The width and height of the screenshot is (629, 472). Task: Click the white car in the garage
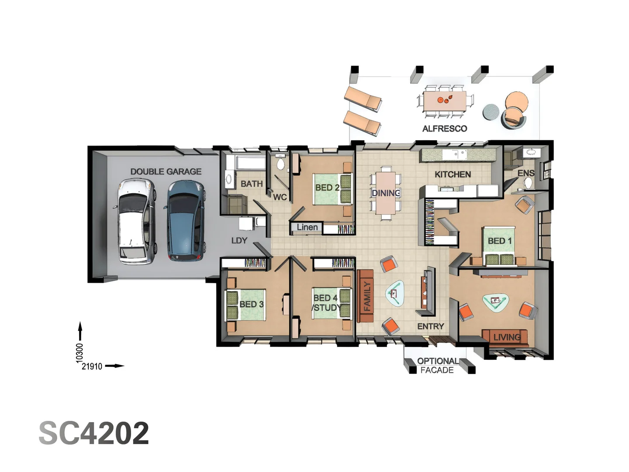click(136, 222)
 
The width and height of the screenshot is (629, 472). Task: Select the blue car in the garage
click(185, 222)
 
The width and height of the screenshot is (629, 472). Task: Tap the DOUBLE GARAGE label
click(166, 172)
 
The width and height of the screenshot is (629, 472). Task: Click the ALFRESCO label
click(444, 128)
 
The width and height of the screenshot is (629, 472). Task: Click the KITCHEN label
click(453, 174)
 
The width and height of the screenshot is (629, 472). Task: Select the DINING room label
click(386, 193)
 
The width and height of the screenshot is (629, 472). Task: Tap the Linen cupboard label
click(307, 227)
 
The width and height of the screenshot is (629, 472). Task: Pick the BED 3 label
click(251, 304)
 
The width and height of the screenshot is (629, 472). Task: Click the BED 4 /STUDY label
click(326, 302)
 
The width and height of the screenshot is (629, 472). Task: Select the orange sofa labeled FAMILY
click(366, 296)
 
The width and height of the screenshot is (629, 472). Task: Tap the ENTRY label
click(430, 326)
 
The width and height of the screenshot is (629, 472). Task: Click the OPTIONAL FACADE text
click(437, 366)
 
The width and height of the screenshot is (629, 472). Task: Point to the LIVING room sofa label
click(507, 337)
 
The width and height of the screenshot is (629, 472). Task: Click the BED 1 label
click(499, 241)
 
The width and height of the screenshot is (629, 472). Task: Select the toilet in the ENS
click(528, 183)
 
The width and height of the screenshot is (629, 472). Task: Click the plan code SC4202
click(94, 433)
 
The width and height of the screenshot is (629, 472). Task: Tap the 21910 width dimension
click(92, 366)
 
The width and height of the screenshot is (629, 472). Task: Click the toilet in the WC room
click(280, 164)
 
